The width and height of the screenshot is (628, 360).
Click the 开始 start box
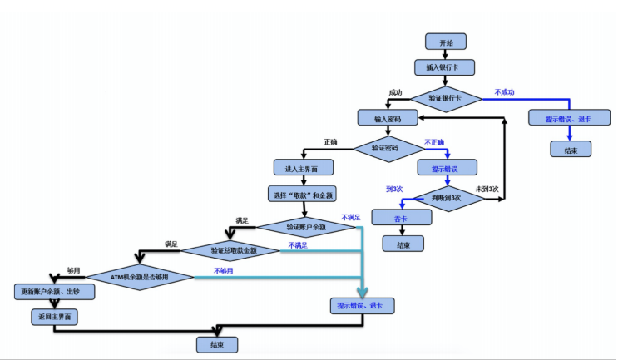tap(445, 42)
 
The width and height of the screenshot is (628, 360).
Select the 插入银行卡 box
tap(445, 67)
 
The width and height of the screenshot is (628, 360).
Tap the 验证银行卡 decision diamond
tap(445, 97)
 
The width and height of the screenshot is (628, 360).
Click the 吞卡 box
tap(402, 218)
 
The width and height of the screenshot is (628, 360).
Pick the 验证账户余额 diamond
tap(306, 225)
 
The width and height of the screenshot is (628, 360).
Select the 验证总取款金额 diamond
tap(233, 249)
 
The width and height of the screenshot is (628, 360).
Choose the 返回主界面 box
tap(54, 317)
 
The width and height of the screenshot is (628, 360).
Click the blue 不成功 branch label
tap(505, 91)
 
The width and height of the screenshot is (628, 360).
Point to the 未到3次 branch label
tap(487, 190)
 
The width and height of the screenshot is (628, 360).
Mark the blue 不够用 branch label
tap(224, 270)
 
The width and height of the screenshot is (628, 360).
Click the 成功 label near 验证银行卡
tap(395, 91)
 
